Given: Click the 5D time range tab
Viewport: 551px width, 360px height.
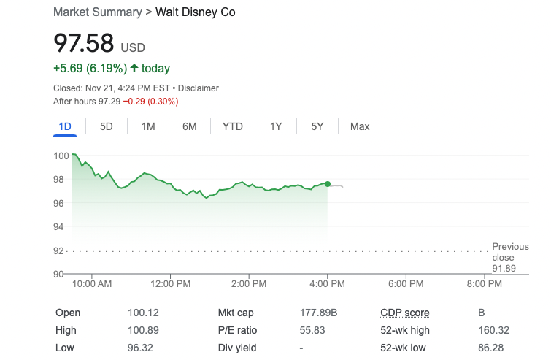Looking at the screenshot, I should [107, 126].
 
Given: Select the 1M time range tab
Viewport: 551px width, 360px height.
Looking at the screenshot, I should [148, 126].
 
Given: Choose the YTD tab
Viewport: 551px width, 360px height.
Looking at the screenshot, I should [233, 126].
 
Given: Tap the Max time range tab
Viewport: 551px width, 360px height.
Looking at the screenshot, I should [360, 126].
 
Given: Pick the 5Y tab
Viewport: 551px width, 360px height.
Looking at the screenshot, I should [317, 126].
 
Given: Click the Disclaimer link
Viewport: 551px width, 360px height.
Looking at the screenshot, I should [199, 88].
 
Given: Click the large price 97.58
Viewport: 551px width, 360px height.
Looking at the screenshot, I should [84, 43].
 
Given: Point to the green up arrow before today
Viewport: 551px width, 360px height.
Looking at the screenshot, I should [134, 68].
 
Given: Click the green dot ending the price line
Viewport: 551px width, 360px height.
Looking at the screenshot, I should [328, 184].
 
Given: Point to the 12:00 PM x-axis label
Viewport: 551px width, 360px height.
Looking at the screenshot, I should [171, 283].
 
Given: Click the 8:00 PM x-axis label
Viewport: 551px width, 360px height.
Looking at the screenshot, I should [485, 283].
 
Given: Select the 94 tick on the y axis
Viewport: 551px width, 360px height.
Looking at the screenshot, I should [59, 226].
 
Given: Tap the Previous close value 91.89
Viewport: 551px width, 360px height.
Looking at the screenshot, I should [504, 269].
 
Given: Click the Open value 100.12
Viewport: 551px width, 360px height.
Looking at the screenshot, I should [143, 313].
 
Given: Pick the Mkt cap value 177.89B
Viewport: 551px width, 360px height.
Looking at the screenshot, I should [319, 313].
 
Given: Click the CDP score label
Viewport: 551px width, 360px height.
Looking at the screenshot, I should [404, 313].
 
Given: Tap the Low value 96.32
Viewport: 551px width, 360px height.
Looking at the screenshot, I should [140, 348].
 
